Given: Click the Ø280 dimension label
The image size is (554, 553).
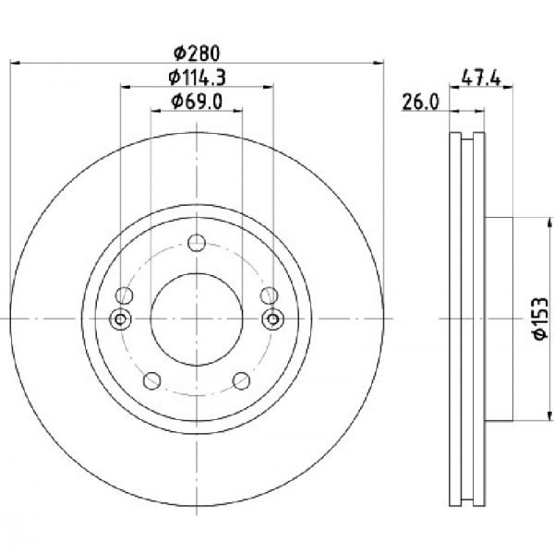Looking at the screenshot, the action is click(x=197, y=53).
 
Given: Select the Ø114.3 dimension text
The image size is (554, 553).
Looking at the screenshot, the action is click(x=197, y=78).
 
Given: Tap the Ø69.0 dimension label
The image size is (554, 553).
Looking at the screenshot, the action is click(x=197, y=102).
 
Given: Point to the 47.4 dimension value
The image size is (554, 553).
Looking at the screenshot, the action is click(x=481, y=78).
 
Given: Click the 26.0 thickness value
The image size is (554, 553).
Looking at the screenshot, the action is click(x=420, y=102).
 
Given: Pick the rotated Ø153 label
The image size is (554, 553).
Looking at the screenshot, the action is click(x=540, y=319).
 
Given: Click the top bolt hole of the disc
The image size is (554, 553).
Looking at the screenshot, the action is click(x=197, y=243).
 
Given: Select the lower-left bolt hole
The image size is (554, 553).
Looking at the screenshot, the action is click(x=152, y=381).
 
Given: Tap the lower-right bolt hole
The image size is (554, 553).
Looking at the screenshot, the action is click(x=242, y=381).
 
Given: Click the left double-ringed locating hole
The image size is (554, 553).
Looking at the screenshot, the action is click(x=120, y=319).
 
